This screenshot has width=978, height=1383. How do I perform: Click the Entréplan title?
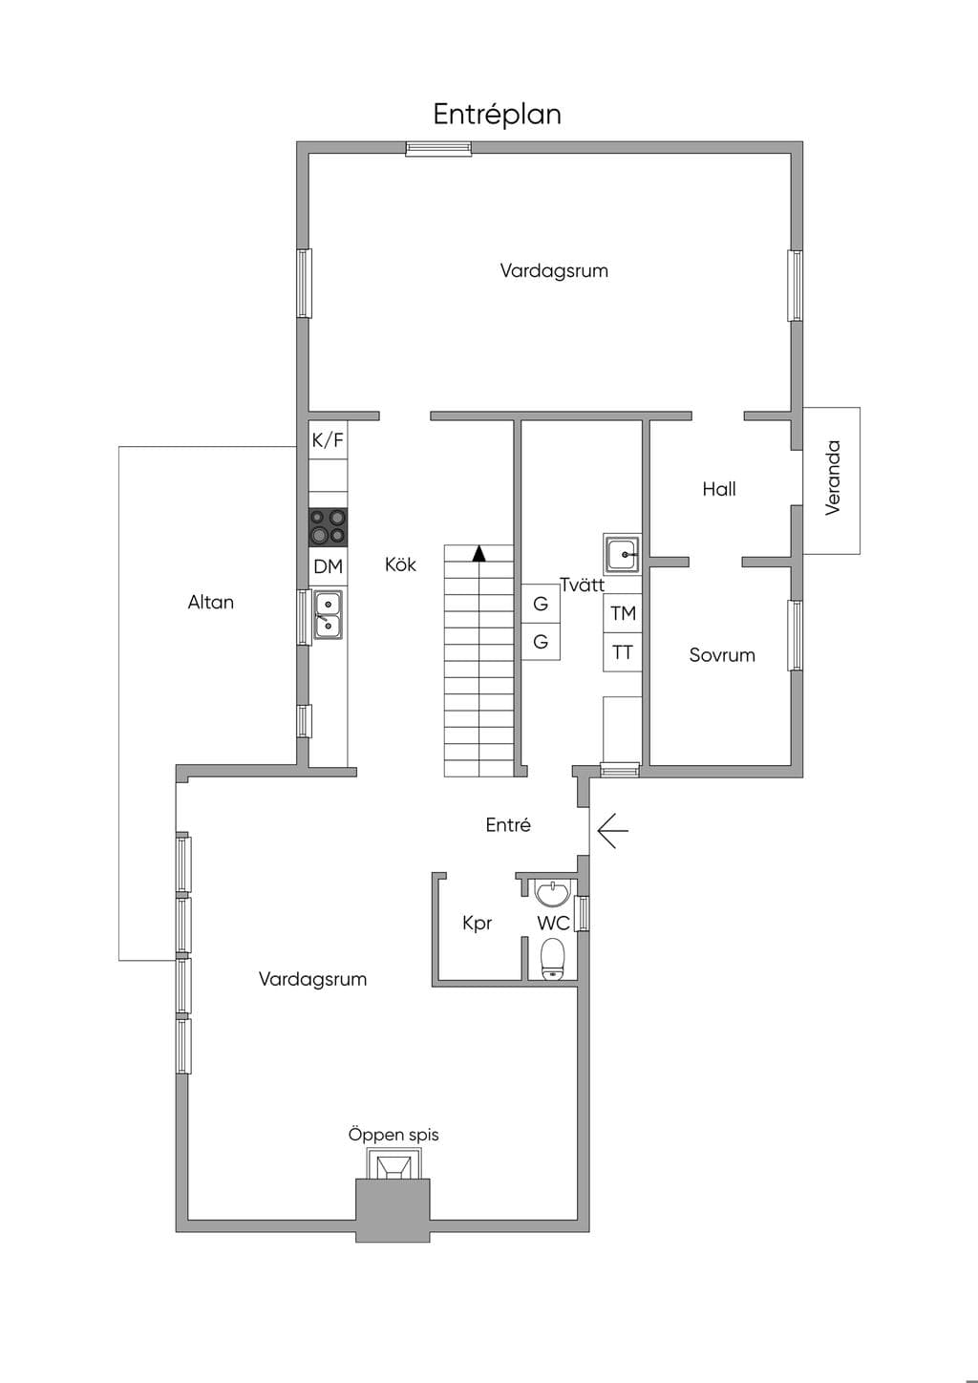(497, 116)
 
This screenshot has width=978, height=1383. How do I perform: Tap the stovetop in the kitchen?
(328, 527)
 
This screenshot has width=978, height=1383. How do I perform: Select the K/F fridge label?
(328, 440)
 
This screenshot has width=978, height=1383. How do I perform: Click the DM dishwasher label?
(328, 566)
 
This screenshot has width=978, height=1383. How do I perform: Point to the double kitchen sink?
(328, 615)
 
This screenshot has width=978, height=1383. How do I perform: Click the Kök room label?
(401, 564)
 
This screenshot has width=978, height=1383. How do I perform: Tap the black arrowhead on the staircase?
(479, 553)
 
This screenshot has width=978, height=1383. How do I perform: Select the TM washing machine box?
(623, 613)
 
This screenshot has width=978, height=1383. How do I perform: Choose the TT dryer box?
(623, 652)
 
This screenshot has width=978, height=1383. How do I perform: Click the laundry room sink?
(623, 554)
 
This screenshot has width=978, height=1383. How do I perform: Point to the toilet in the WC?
(553, 959)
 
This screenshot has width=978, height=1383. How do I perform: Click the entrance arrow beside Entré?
(612, 831)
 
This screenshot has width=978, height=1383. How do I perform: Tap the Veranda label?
(833, 478)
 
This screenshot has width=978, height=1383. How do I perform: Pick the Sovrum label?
(722, 655)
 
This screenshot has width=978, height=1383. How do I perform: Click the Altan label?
(211, 602)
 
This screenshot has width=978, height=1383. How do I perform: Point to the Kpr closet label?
(478, 924)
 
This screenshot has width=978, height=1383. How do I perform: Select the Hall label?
(719, 489)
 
